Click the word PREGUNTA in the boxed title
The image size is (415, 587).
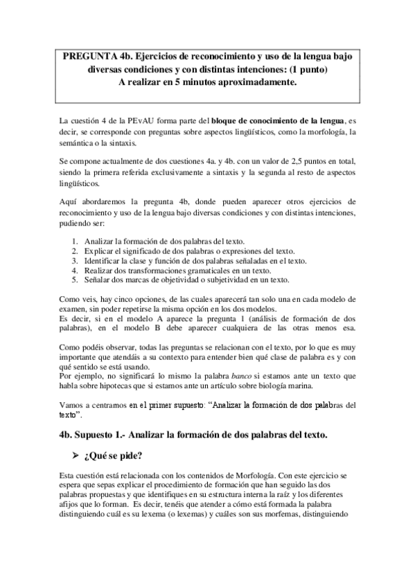point(87,55)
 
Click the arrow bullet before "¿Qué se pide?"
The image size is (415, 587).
point(75,455)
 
